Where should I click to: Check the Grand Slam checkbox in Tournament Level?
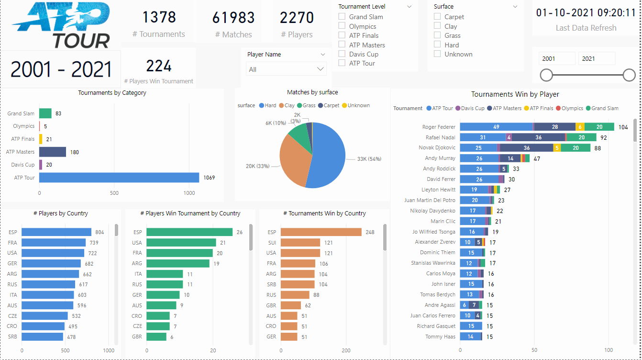tap(342, 17)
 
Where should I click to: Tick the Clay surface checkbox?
tap(437, 26)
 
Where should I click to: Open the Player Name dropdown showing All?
tap(286, 69)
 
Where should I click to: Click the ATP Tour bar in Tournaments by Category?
tap(119, 178)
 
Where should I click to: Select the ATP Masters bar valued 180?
tap(53, 152)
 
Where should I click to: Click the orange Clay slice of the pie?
tap(293, 160)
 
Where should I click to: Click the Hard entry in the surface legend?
tap(267, 105)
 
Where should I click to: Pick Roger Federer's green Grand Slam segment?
tap(599, 127)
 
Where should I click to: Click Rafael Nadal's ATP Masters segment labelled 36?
tap(538, 137)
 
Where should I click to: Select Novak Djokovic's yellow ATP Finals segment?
tap(556, 148)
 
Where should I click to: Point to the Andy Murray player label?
tap(440, 158)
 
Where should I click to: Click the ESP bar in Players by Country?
tap(56, 232)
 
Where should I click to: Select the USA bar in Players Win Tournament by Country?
tap(181, 243)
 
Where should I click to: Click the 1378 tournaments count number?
tap(159, 17)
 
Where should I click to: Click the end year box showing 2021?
tap(596, 58)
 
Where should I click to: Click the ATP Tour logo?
tap(61, 25)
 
